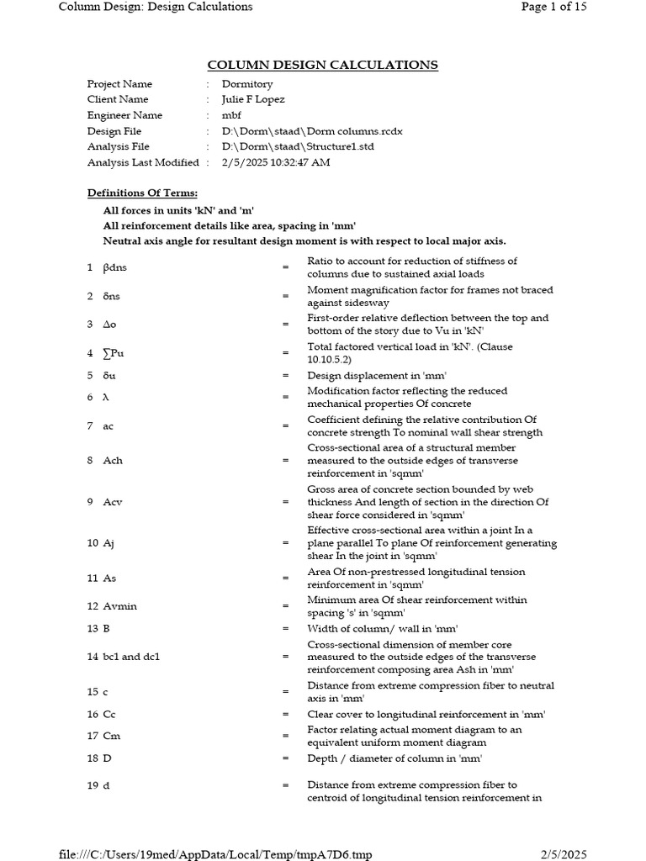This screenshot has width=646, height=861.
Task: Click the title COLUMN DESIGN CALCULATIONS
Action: pyautogui.click(x=323, y=66)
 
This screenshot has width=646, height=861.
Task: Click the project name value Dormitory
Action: pyautogui.click(x=247, y=84)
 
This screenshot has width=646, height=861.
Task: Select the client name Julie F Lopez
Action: pyautogui.click(x=253, y=99)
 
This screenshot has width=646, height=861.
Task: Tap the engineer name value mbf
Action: pyautogui.click(x=231, y=115)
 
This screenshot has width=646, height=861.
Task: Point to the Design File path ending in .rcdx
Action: pyautogui.click(x=312, y=131)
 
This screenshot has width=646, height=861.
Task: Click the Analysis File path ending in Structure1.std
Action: pyautogui.click(x=298, y=146)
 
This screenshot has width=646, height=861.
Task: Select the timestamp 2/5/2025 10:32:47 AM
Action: pyautogui.click(x=276, y=162)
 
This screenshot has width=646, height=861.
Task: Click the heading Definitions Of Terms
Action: pyautogui.click(x=142, y=193)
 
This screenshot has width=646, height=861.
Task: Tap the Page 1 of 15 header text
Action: pyautogui.click(x=553, y=7)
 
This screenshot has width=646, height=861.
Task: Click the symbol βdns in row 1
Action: pyautogui.click(x=116, y=267)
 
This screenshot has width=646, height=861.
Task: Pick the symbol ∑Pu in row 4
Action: pyautogui.click(x=113, y=353)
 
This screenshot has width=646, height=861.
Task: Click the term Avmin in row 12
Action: pyautogui.click(x=118, y=606)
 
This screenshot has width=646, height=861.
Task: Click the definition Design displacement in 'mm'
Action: pyautogui.click(x=377, y=376)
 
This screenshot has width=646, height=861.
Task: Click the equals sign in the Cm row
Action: pyautogui.click(x=285, y=736)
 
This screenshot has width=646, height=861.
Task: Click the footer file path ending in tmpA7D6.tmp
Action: pyautogui.click(x=214, y=854)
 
